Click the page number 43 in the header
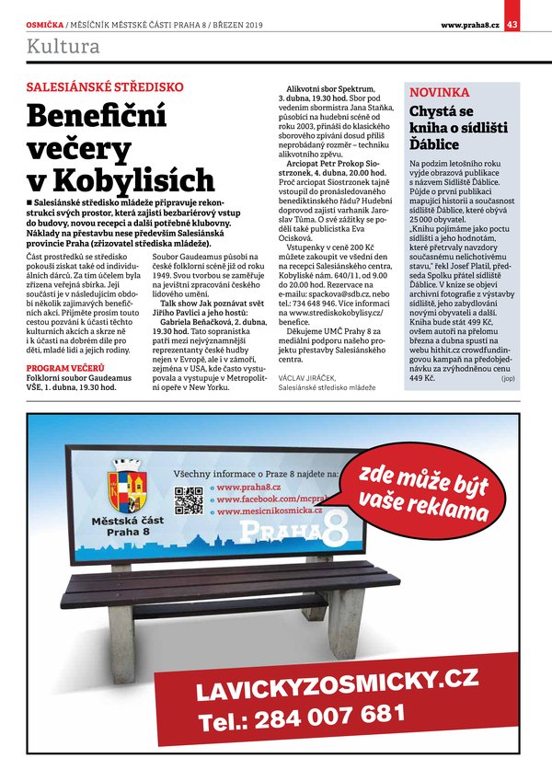pyautogui.click(x=512, y=24)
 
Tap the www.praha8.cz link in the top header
pyautogui.click(x=470, y=24)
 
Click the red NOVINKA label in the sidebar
pyautogui.click(x=439, y=93)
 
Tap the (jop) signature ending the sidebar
pyautogui.click(x=508, y=377)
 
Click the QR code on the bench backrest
pyautogui.click(x=189, y=498)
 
